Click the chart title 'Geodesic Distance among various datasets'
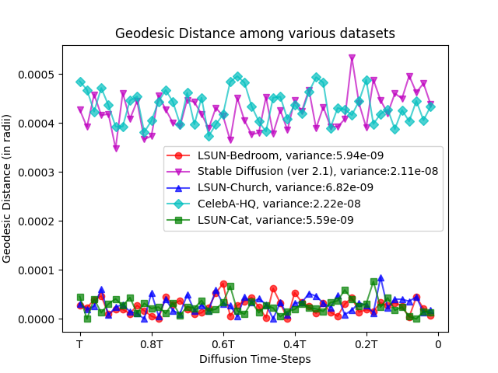click(255, 33)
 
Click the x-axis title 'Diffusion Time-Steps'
click(255, 359)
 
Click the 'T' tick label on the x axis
click(80, 343)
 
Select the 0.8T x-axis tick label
click(152, 343)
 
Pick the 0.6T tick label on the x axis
click(223, 343)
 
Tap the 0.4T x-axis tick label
click(295, 343)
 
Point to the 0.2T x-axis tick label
click(366, 343)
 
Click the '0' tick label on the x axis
click(438, 343)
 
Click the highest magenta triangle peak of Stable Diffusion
click(352, 58)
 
